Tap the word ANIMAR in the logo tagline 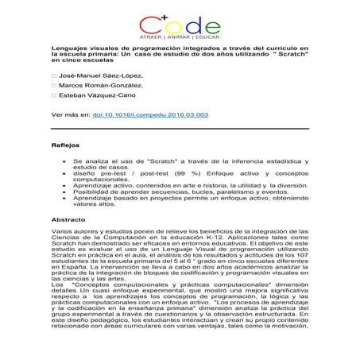(x=180, y=38)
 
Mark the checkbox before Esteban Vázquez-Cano (x=53, y=96)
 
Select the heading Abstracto (x=68, y=219)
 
